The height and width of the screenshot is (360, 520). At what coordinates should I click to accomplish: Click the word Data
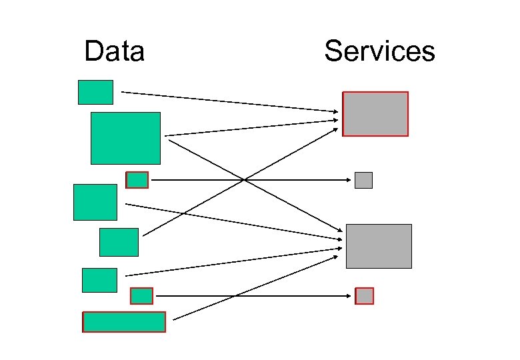pyautogui.click(x=114, y=51)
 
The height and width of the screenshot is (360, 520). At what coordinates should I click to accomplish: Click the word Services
pyautogui.click(x=379, y=51)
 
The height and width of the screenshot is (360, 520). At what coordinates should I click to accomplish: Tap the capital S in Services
pyautogui.click(x=333, y=51)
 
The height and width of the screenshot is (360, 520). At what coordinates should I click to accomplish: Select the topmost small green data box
pyautogui.click(x=95, y=92)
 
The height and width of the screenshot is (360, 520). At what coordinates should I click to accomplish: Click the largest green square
pyautogui.click(x=125, y=138)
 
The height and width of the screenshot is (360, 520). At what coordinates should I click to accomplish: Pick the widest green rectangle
pyautogui.click(x=124, y=322)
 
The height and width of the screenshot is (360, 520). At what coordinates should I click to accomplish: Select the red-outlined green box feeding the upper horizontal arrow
pyautogui.click(x=137, y=180)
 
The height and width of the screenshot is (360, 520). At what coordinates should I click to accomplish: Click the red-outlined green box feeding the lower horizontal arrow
pyautogui.click(x=141, y=295)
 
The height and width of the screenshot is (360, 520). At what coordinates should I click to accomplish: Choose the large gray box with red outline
pyautogui.click(x=375, y=114)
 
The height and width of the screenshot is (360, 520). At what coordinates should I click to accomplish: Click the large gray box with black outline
pyautogui.click(x=379, y=246)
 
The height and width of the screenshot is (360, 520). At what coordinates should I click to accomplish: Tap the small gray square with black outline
pyautogui.click(x=363, y=180)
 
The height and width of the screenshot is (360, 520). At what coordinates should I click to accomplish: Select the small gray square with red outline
pyautogui.click(x=365, y=296)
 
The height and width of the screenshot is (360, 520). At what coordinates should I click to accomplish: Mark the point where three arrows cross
pyautogui.click(x=244, y=180)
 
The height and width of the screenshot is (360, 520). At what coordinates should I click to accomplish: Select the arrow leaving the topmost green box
pyautogui.click(x=227, y=101)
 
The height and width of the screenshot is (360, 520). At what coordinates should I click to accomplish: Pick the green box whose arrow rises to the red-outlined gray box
pyautogui.click(x=119, y=242)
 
